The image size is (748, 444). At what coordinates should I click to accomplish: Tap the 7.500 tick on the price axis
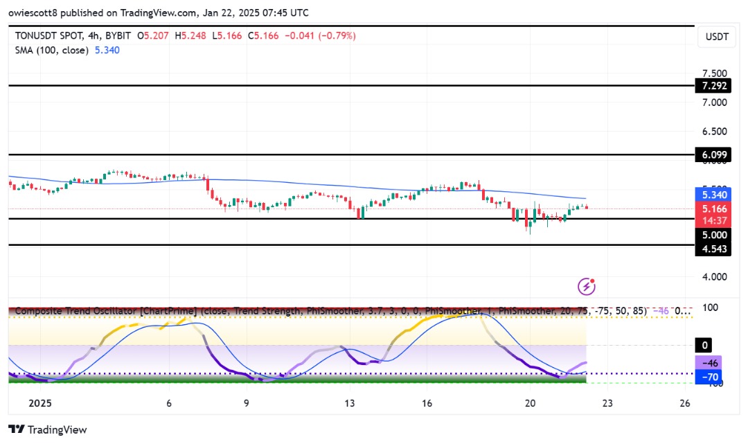click(x=714, y=73)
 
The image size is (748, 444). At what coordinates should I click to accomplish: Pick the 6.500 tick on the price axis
click(x=714, y=132)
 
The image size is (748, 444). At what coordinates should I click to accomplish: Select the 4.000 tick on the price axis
click(x=714, y=276)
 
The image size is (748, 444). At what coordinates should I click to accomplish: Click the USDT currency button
click(x=717, y=37)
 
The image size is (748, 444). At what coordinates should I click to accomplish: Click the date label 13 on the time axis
click(x=350, y=403)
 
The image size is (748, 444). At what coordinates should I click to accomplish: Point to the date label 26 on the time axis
click(x=684, y=403)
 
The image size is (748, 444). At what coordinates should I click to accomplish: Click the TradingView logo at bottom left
click(x=48, y=429)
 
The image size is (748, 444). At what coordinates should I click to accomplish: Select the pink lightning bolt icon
click(x=587, y=286)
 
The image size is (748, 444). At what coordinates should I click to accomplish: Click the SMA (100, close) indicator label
click(x=50, y=50)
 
